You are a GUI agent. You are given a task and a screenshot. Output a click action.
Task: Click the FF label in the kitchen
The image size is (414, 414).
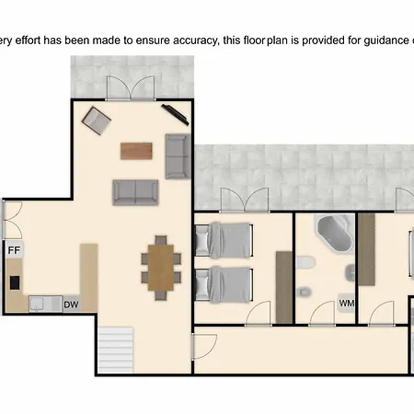pyautogui.click(x=14, y=250)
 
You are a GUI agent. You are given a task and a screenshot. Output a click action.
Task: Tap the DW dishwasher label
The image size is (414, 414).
pyautogui.click(x=71, y=305)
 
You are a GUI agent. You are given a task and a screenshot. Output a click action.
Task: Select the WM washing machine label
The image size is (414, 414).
pyautogui.click(x=347, y=304)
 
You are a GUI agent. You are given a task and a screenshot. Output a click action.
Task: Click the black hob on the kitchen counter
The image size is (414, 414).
pyautogui.click(x=15, y=282)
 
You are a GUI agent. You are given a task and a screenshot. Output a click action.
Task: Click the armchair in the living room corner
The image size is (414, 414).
pyautogui.click(x=97, y=121)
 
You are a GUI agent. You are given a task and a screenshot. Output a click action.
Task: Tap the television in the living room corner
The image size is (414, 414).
pyautogui.click(x=175, y=114)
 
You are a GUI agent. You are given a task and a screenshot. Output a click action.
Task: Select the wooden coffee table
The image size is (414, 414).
pyautogui.click(x=136, y=151)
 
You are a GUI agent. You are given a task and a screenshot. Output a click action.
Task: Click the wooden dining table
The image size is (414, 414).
pyautogui.click(x=161, y=268)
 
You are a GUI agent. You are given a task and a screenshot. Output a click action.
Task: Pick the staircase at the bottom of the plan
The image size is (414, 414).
pyautogui.click(x=116, y=350)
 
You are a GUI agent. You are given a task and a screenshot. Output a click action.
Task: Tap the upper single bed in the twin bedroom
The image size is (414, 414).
pyautogui.click(x=224, y=240)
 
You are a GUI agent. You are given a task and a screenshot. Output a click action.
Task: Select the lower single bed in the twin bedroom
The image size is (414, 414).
pyautogui.click(x=224, y=284)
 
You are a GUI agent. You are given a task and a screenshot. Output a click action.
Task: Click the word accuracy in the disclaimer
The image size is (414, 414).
pyautogui.click(x=195, y=40)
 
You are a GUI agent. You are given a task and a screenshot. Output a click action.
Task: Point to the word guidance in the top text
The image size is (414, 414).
pyautogui.click(x=386, y=40)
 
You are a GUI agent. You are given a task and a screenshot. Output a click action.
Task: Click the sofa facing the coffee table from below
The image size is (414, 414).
pyautogui.click(x=135, y=192)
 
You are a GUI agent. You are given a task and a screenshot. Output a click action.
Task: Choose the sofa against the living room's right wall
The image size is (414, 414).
pyautogui.click(x=178, y=156)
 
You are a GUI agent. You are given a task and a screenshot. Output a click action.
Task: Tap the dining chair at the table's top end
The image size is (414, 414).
pyautogui.click(x=161, y=240)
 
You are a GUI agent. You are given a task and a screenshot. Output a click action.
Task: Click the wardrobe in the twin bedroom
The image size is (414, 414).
pyautogui.click(x=284, y=287)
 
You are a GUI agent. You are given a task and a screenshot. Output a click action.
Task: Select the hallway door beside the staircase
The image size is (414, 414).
pyautogui.click(x=203, y=347)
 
